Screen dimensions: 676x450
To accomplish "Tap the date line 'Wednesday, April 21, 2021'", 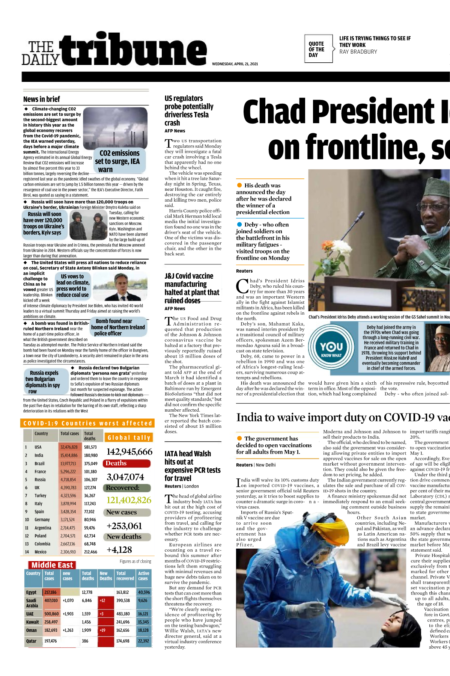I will tap(235, 64).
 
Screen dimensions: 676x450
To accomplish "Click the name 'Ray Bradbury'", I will tap(358, 52).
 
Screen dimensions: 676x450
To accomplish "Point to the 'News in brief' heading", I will tap(42, 99).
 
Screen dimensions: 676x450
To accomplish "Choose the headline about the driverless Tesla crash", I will tap(189, 110).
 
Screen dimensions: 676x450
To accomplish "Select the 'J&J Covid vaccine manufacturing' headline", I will tap(191, 288).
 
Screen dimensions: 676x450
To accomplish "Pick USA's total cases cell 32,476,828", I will tap(69, 447).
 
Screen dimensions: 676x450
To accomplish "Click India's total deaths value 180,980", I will tap(90, 456).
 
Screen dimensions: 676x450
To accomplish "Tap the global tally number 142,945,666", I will tap(129, 452).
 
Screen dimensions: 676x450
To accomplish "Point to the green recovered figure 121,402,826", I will tap(129, 500).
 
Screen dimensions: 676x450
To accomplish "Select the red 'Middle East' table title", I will tap(52, 565).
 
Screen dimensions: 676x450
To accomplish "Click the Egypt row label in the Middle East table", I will tap(31, 592).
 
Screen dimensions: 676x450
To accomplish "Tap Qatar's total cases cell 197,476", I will tap(51, 641).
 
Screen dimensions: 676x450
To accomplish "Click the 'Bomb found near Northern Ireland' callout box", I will tap(118, 327).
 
